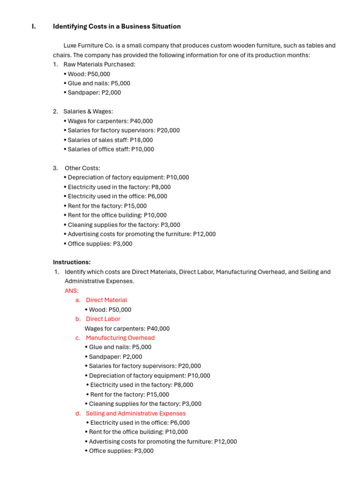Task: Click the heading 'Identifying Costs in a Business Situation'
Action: point(117,27)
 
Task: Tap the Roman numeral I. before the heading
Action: point(33,27)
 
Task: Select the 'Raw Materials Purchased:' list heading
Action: point(99,64)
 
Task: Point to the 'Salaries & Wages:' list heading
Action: point(88,112)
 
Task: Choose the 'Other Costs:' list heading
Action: point(82,168)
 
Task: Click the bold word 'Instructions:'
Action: point(72,262)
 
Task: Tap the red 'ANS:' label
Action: point(72,291)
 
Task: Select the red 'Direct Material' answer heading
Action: point(106,300)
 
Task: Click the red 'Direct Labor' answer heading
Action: point(103,319)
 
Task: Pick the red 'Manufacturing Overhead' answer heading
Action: point(120,337)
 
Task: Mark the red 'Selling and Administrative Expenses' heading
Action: point(135,413)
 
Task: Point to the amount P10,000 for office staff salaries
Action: point(142,149)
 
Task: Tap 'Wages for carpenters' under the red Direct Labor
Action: point(127,329)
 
